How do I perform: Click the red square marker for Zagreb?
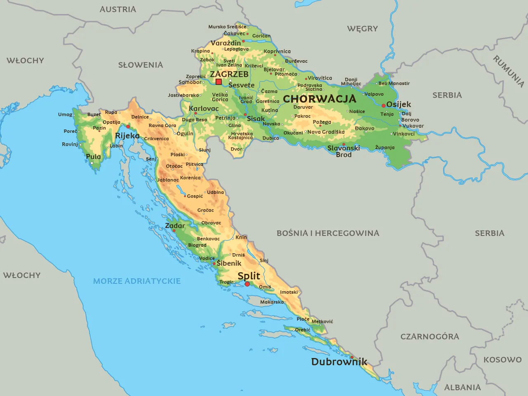tap(219, 82)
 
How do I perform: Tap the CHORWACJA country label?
tap(319, 99)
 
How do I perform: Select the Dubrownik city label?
tap(339, 362)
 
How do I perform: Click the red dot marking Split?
tap(247, 284)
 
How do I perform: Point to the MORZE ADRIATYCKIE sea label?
tap(137, 281)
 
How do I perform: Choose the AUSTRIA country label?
tap(118, 9)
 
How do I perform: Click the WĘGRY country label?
tap(362, 28)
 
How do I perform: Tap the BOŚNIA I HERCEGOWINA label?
tap(328, 233)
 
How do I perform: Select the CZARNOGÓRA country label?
tap(429, 337)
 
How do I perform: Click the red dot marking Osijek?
tap(384, 106)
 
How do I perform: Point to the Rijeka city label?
tap(127, 136)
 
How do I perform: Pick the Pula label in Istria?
tap(93, 157)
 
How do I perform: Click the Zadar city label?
tap(175, 226)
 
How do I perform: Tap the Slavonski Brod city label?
tap(344, 151)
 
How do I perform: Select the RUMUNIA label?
tap(508, 71)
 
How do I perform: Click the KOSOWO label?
tap(502, 360)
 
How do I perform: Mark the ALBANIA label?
tap(462, 387)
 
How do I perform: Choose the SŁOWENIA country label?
tap(140, 65)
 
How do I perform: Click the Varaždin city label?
tap(226, 43)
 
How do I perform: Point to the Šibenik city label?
tap(229, 263)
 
